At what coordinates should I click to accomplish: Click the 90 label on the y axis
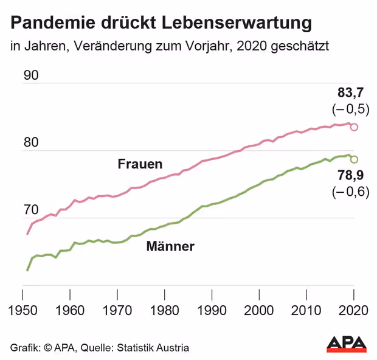pos(30,77)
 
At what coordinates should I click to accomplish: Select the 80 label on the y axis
pos(30,144)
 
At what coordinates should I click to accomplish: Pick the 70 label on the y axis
pos(30,211)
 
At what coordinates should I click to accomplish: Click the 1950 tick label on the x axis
pos(24,310)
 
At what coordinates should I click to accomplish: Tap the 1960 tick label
pos(71,310)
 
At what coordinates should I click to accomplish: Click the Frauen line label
pos(140,164)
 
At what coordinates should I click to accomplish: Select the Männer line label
pos(170,246)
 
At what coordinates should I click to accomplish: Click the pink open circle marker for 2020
pos(354,127)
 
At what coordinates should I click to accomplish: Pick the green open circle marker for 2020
pos(354,159)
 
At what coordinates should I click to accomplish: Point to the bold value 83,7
pos(350,93)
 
